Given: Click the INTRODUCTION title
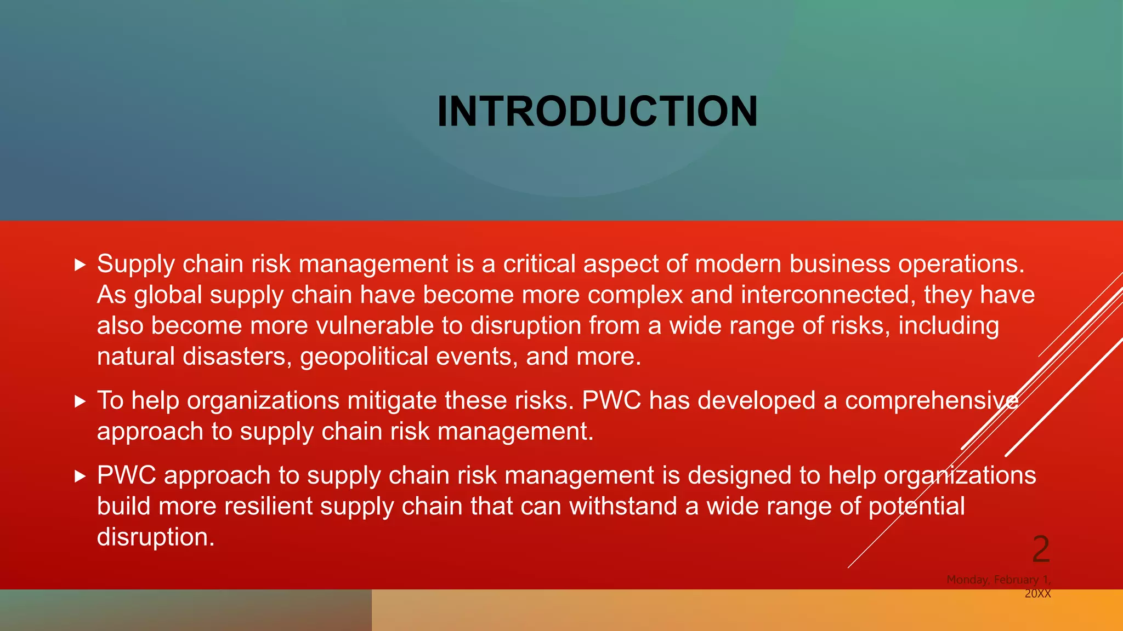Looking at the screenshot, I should pyautogui.click(x=597, y=112).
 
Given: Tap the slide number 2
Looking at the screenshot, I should pyautogui.click(x=1041, y=549).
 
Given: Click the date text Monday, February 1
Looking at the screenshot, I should pyautogui.click(x=998, y=580).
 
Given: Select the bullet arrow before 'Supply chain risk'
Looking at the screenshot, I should pyautogui.click(x=81, y=265).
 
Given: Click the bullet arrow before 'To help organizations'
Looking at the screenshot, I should pyautogui.click(x=81, y=401).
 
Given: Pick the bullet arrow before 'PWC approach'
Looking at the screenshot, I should pyautogui.click(x=81, y=476).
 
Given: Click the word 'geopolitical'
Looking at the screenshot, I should pyautogui.click(x=364, y=357).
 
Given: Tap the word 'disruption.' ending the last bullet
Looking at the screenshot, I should pyautogui.click(x=156, y=537).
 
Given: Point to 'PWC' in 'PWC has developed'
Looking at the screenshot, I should pyautogui.click(x=611, y=400).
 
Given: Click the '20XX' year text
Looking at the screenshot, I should pyautogui.click(x=1037, y=594).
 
